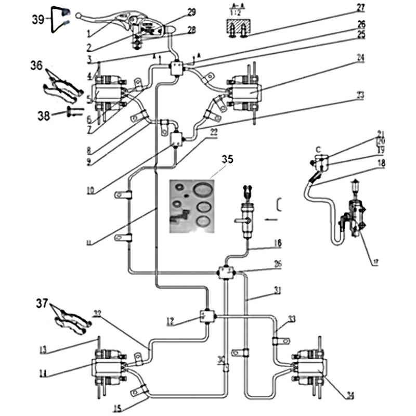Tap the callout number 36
36,67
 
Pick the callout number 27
361,7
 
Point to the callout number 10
90,191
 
